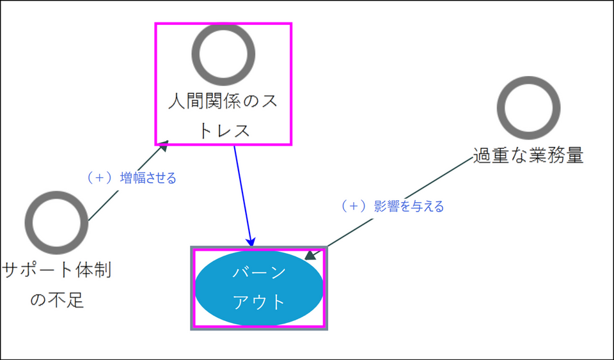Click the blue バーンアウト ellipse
point(258,288)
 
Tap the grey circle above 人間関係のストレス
point(223,54)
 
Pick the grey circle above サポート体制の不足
point(56,221)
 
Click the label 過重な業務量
point(528,155)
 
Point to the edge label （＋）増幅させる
point(131,178)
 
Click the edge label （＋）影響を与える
point(391,206)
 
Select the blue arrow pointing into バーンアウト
point(242,192)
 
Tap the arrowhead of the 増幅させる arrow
point(164,146)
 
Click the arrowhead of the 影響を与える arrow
point(310,256)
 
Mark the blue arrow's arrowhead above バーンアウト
point(251,242)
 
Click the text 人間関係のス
point(223,102)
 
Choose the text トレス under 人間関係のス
point(223,130)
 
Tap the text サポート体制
point(57,270)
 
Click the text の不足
point(57,299)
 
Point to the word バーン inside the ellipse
point(258,273)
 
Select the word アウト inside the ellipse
point(258,302)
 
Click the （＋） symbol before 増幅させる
point(99,178)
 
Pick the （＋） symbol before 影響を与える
point(352,206)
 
